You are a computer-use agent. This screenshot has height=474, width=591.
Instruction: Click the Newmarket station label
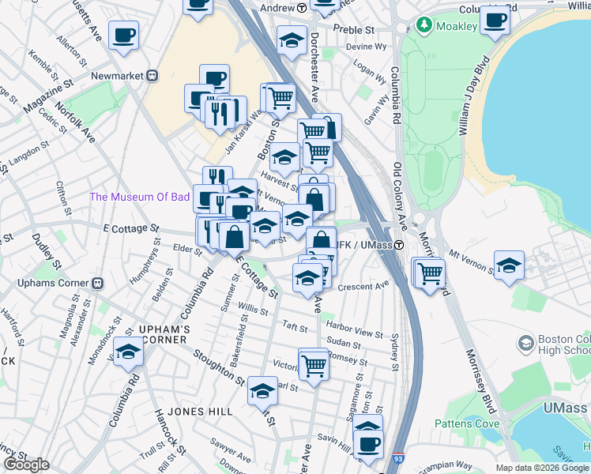pyautogui.click(x=120, y=75)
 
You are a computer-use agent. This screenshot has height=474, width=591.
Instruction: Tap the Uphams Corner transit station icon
pyautogui.click(x=98, y=283)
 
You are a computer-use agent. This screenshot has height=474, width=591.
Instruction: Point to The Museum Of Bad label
pyautogui.click(x=139, y=197)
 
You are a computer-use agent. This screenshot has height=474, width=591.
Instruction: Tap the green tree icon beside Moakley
pyautogui.click(x=425, y=26)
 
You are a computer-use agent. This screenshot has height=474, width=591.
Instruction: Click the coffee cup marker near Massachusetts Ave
pyautogui.click(x=124, y=36)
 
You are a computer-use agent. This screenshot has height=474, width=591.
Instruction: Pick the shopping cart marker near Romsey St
pyautogui.click(x=314, y=365)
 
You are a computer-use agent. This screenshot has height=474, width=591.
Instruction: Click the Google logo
pyautogui.click(x=26, y=465)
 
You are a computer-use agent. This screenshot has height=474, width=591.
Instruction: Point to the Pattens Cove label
pyautogui.click(x=467, y=423)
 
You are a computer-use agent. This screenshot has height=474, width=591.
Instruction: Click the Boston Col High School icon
pyautogui.click(x=525, y=343)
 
